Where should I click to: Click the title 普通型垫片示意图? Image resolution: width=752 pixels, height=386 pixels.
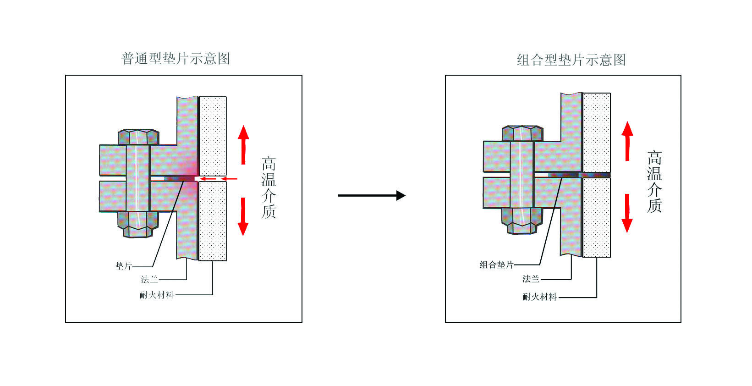coord(176,59)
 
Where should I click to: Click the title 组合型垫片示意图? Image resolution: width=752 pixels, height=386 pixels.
coord(571,60)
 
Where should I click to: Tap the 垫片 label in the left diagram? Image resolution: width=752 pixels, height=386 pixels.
coord(124,266)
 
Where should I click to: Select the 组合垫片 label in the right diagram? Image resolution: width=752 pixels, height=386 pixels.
coord(496,265)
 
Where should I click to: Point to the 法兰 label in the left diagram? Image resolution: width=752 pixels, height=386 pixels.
coord(149,279)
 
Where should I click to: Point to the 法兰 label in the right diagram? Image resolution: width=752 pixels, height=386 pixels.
coord(531,279)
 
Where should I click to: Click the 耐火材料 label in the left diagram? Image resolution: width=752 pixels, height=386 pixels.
coord(157,295)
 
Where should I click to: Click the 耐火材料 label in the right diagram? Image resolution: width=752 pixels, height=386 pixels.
coord(539,297)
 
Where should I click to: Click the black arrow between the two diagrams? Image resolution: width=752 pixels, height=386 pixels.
coord(372,195)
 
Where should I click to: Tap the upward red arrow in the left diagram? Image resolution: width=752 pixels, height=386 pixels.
coord(243,145)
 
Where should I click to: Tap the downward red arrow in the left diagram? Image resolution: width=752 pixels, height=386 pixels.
coord(243,217)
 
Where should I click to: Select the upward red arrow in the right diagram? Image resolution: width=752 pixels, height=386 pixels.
coord(627,141)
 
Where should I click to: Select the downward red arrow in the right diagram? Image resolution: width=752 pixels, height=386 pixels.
coord(627,213)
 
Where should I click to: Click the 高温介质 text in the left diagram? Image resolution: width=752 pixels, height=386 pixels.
coord(269,187)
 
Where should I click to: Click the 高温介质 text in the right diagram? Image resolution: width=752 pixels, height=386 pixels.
coord(654,182)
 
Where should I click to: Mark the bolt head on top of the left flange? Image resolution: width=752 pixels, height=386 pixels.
coord(138,137)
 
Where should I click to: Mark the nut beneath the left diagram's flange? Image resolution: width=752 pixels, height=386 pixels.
coord(138,225)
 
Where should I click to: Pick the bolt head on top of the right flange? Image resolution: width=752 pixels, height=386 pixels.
coord(522,133)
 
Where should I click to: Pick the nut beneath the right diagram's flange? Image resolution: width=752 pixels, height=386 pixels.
coord(521,221)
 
